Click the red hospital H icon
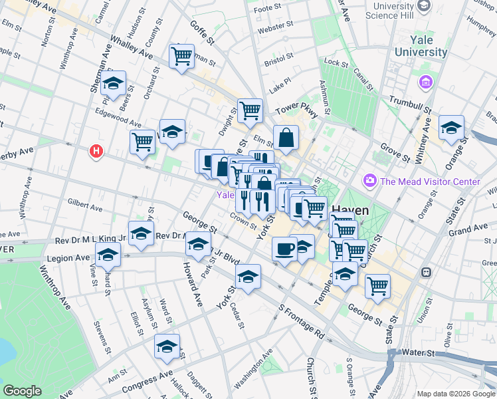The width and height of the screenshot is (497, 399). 97,152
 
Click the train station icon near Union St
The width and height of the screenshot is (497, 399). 426,273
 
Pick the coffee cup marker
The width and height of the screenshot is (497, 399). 284,250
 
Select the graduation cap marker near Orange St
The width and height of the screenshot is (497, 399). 451,128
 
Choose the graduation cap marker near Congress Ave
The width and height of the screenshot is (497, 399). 167,346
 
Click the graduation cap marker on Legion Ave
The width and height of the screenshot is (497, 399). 108,255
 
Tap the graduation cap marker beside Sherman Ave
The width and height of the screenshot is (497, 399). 114,84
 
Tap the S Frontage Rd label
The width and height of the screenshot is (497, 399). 302,323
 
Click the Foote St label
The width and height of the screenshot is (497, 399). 268,9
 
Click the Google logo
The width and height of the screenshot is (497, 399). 22,391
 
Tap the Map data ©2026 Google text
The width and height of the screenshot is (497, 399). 456,394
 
